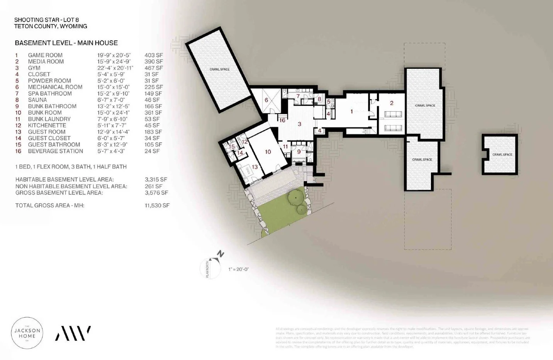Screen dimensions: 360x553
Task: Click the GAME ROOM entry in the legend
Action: coord(45,55)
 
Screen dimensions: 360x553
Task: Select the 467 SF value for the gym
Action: coord(154,68)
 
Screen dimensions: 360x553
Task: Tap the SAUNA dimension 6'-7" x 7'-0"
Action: coord(111,100)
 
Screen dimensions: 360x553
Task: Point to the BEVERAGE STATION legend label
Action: coord(55,151)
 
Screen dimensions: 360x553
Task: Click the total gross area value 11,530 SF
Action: coord(157,205)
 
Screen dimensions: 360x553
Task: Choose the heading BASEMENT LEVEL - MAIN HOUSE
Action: coord(66,43)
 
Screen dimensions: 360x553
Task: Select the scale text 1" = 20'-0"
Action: coord(238,269)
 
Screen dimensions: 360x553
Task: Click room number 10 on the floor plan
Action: coord(268,152)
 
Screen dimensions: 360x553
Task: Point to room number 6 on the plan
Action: coord(266,100)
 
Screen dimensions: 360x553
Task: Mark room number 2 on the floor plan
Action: coord(392,103)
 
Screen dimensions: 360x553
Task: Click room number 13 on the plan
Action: coord(254,167)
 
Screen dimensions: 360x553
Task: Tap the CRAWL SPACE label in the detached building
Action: coord(502,155)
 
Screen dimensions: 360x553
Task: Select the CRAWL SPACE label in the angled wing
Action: coord(219,70)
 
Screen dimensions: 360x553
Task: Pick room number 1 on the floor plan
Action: coord(351,112)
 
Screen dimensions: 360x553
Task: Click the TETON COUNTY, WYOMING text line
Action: coord(51,26)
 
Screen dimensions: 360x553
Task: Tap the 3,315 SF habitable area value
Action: coord(156,180)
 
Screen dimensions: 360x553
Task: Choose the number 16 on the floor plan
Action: coord(282,120)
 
